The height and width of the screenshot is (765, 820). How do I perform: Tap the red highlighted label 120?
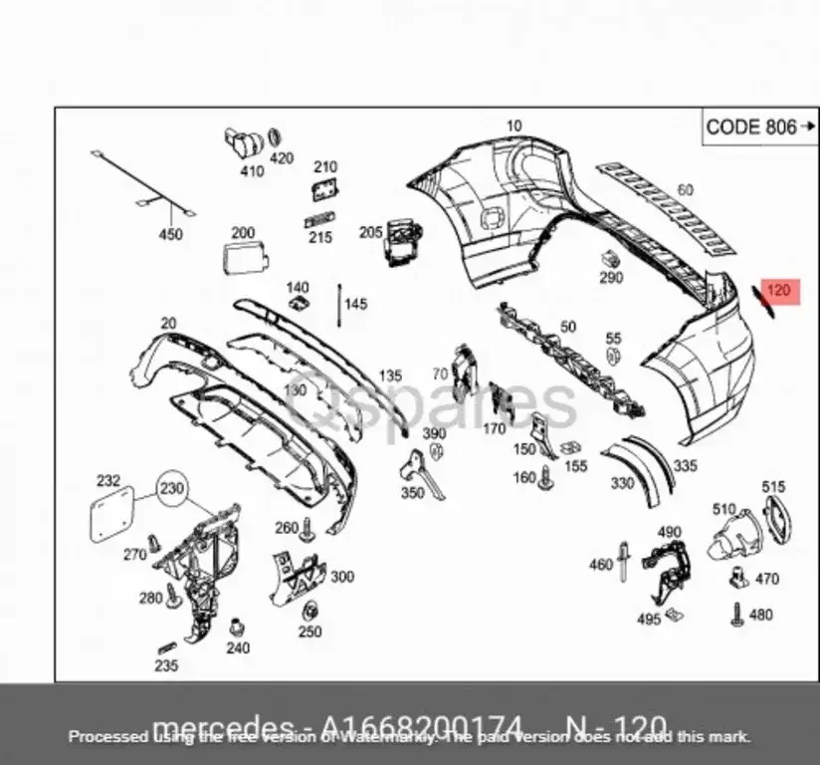click(x=779, y=292)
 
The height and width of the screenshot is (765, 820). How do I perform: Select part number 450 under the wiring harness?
click(x=171, y=234)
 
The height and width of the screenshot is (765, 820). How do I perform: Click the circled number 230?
click(x=173, y=490)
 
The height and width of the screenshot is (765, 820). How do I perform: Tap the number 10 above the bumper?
click(x=513, y=126)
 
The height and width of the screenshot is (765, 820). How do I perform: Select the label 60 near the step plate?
click(x=685, y=189)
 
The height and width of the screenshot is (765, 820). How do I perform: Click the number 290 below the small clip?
click(x=611, y=278)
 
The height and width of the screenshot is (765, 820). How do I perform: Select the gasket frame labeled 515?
click(x=777, y=517)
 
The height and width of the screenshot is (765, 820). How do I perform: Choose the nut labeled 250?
click(x=310, y=612)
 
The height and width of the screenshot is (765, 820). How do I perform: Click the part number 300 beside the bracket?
click(x=341, y=577)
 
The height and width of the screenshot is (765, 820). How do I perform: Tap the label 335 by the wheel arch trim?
click(x=685, y=466)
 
